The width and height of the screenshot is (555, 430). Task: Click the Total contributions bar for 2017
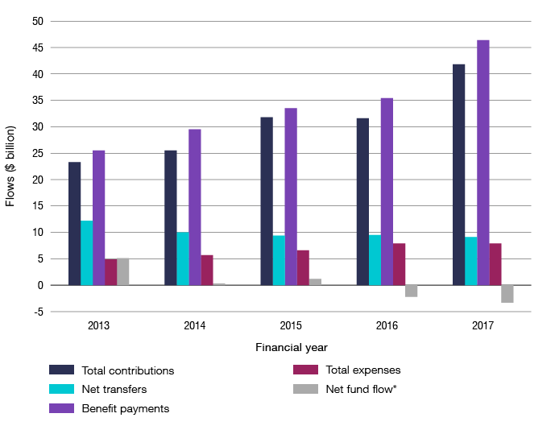(x=458, y=174)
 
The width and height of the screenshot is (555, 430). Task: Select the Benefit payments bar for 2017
(x=483, y=162)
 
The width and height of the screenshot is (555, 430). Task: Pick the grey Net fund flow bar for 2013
(x=122, y=271)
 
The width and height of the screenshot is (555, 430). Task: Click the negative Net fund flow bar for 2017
(x=507, y=294)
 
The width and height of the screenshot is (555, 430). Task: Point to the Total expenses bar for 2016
(x=400, y=264)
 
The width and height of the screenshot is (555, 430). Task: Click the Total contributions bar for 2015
(x=267, y=201)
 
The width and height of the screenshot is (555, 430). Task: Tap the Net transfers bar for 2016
(x=375, y=259)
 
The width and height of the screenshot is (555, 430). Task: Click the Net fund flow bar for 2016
(x=412, y=291)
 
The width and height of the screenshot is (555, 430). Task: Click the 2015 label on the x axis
(x=291, y=326)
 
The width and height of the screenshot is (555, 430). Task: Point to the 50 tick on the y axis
(x=36, y=21)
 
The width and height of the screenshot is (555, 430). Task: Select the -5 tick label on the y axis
(x=35, y=312)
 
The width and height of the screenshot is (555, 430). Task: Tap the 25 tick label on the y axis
(x=36, y=153)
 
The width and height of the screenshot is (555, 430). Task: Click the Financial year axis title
(x=291, y=348)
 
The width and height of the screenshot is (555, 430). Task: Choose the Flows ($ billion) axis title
(x=10, y=166)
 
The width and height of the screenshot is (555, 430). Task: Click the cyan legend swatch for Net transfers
(x=61, y=389)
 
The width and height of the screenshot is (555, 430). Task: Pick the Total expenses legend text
(x=363, y=370)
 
